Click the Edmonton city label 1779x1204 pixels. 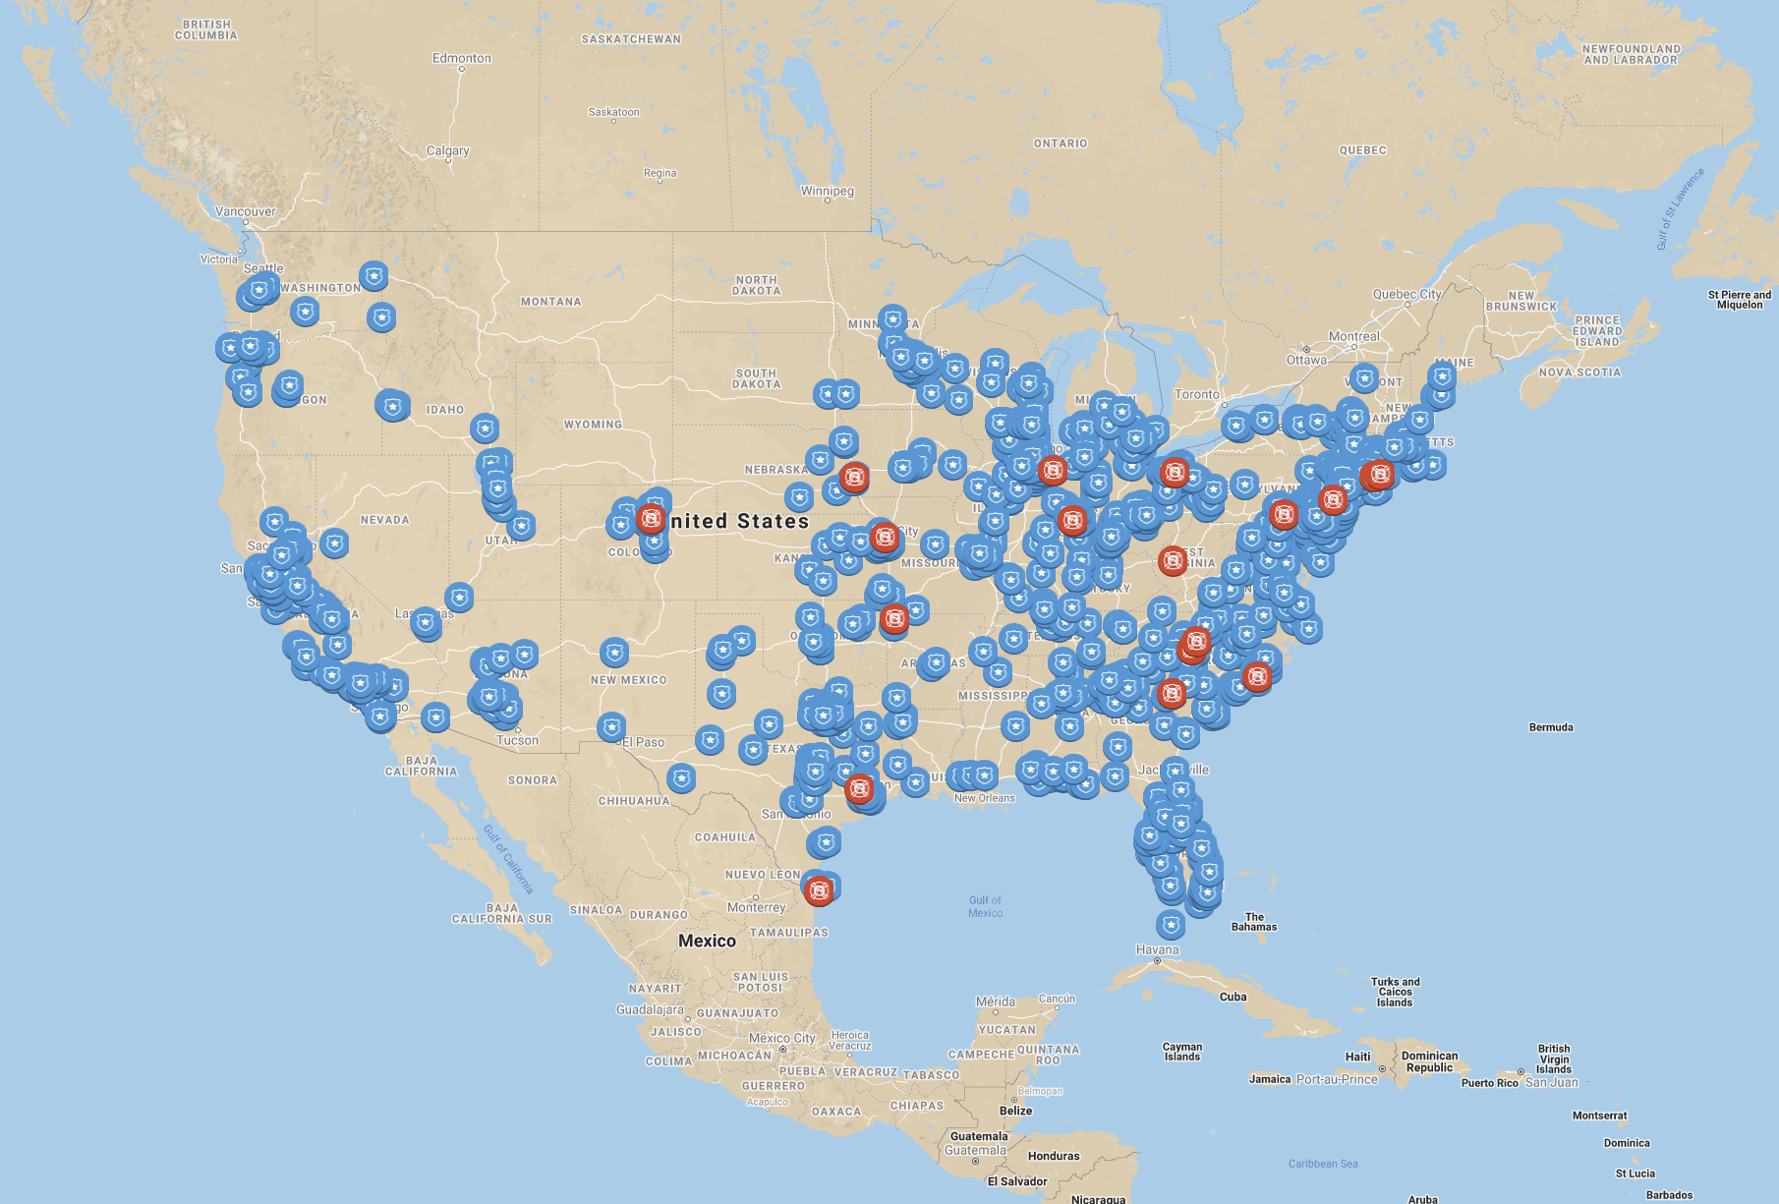tap(461, 58)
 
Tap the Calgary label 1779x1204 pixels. tap(447, 150)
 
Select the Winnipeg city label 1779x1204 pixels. tap(827, 191)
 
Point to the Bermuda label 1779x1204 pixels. tap(1551, 727)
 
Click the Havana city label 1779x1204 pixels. tap(1157, 949)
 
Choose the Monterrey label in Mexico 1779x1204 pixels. tap(756, 907)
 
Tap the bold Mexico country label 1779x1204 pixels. tap(707, 941)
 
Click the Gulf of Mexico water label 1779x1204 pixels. tap(985, 906)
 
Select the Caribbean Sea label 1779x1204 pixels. tap(1323, 1164)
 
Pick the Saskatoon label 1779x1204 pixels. tap(613, 112)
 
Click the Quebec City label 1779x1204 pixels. tap(1406, 294)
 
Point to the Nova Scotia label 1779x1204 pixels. tap(1579, 373)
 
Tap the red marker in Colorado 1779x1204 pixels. tap(650, 518)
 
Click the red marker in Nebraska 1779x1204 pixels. tap(854, 478)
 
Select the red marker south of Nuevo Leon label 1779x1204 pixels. tap(819, 890)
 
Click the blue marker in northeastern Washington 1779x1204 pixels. tap(373, 275)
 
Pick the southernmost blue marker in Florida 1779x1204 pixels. tap(1170, 924)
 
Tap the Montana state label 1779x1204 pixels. tap(550, 302)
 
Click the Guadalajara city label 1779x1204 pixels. tap(650, 1009)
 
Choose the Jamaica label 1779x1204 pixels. tap(1270, 1079)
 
